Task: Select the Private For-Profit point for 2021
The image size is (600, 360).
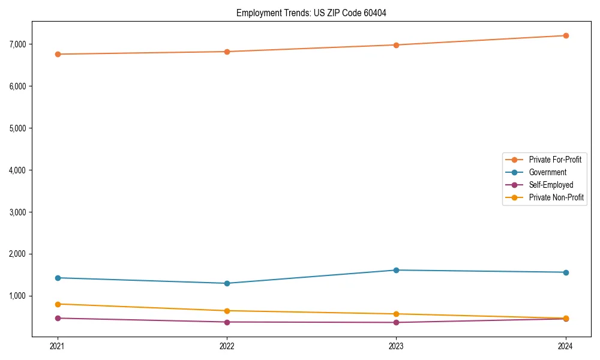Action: [58, 54]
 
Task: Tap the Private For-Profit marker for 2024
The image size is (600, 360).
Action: [566, 35]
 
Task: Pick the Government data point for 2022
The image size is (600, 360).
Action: [227, 283]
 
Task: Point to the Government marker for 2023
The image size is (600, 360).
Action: [396, 270]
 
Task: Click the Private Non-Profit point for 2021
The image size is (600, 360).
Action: [58, 304]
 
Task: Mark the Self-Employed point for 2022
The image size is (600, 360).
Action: [227, 322]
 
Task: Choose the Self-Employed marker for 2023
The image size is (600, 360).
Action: [396, 323]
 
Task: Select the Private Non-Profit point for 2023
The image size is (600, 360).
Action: [396, 314]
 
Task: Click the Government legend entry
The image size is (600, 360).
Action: [547, 172]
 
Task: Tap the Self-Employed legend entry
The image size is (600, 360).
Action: [551, 185]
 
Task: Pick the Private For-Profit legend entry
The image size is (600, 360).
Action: [554, 160]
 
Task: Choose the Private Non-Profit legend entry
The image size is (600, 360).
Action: [556, 197]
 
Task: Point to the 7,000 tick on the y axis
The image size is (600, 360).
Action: [18, 44]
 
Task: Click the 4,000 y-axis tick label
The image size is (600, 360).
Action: [18, 170]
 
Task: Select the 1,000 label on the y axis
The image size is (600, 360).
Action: [18, 296]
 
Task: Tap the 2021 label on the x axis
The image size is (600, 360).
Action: [58, 346]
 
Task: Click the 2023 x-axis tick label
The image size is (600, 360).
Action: [396, 346]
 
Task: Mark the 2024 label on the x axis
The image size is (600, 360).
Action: [566, 346]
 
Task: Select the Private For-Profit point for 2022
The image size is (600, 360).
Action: [227, 52]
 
